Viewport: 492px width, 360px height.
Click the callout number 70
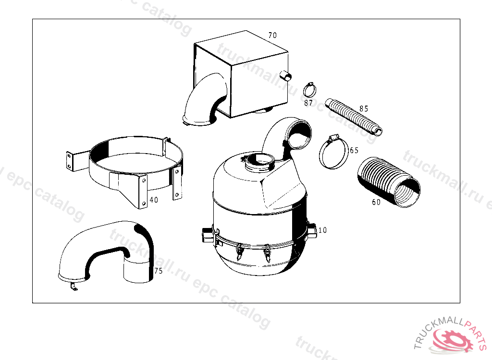pos(272,35)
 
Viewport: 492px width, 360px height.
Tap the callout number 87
pos(308,103)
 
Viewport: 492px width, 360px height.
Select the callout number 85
pos(364,108)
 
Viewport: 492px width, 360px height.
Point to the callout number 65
pos(354,150)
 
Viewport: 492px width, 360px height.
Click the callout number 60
pos(376,202)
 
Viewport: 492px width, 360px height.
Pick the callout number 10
pos(322,230)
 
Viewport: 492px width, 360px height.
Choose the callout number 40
pos(154,200)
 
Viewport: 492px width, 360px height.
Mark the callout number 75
pos(159,271)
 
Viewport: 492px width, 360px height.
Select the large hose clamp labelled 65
pos(320,154)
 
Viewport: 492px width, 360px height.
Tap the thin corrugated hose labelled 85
pos(354,117)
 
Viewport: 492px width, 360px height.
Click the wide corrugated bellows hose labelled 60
pos(388,182)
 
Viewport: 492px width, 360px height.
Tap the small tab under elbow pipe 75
pos(74,287)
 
